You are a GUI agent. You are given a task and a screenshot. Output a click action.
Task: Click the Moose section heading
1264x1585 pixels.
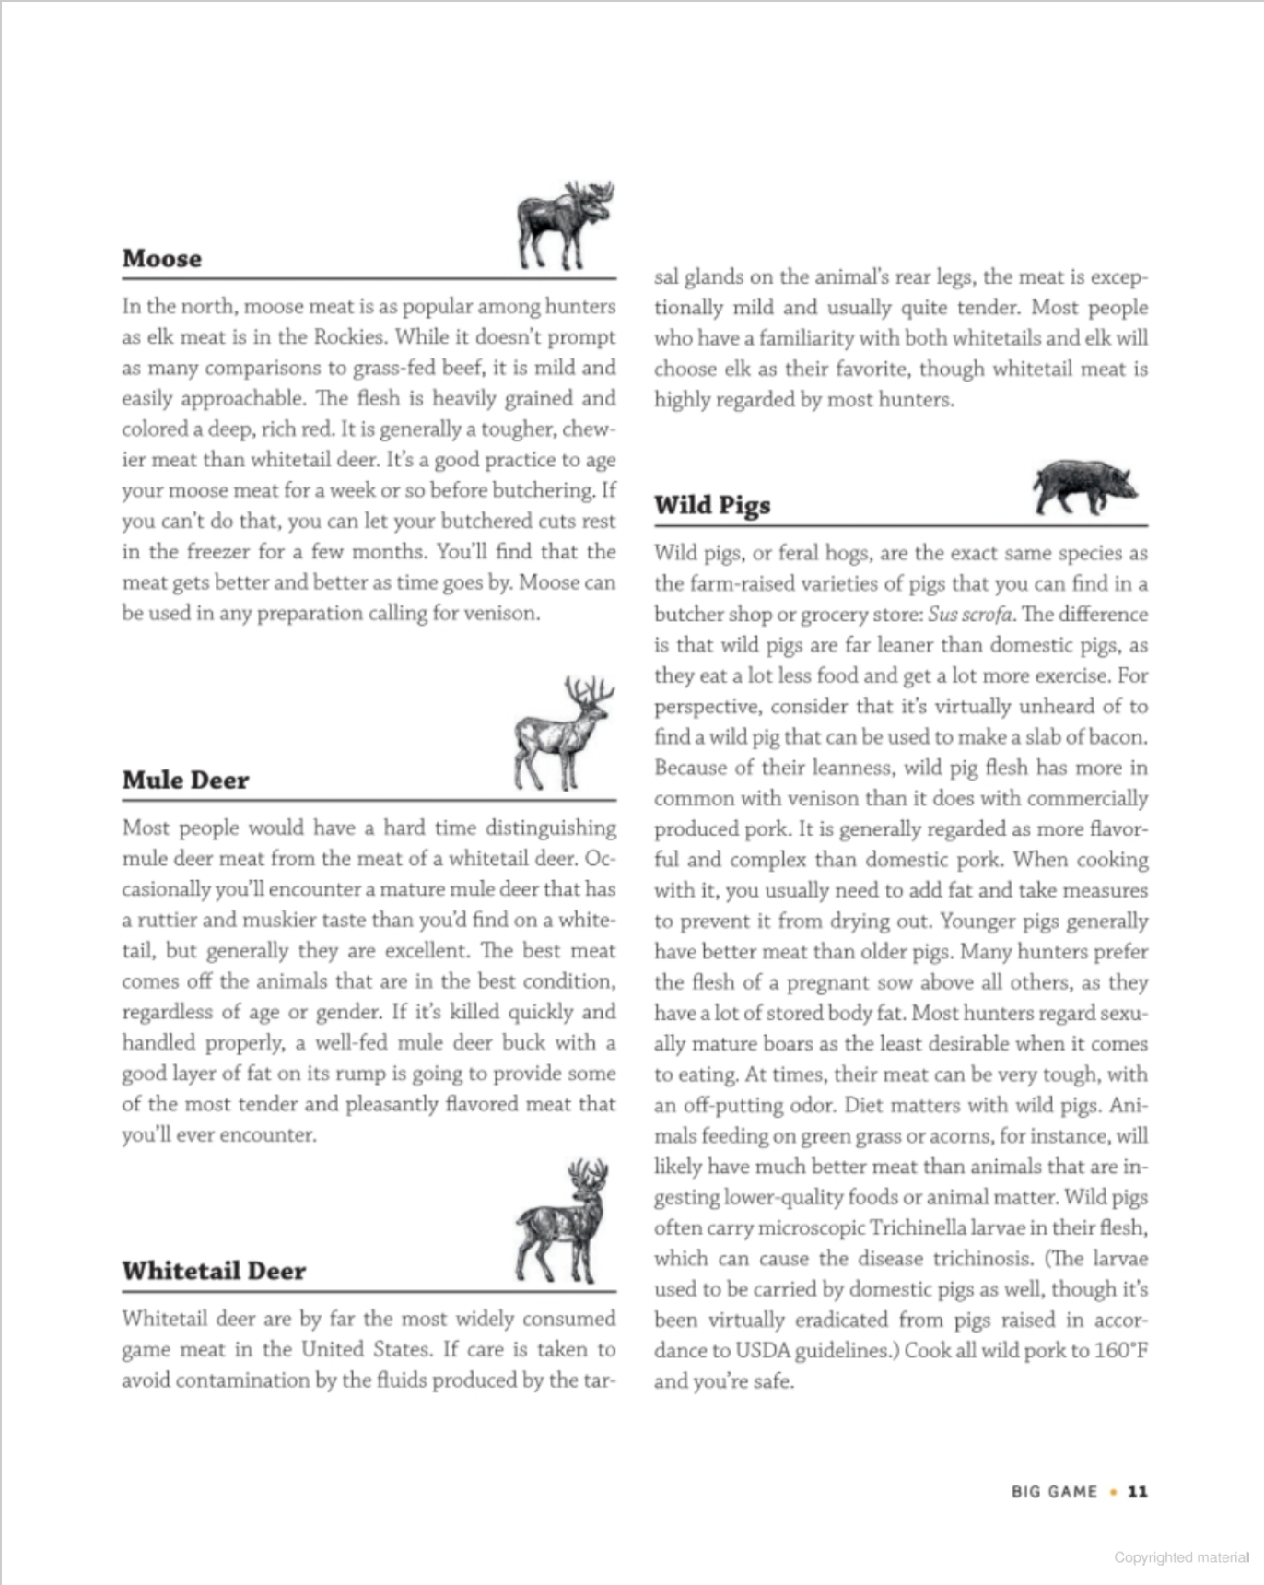161,259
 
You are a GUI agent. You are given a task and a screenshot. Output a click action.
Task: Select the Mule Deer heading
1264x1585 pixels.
185,781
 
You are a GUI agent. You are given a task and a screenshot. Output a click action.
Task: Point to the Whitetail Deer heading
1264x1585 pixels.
213,1271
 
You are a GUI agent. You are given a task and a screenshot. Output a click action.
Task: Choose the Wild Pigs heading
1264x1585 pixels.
712,505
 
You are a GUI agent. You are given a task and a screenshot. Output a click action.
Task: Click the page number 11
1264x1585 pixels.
1138,1491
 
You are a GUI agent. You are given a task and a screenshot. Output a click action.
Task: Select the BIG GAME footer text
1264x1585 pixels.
1054,1491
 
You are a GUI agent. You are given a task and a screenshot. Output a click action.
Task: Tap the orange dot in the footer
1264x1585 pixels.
1114,1491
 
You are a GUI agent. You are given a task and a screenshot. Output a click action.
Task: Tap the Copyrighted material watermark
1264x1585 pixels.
1181,1557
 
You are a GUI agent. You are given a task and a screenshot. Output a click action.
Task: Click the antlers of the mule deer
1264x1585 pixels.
590,690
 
